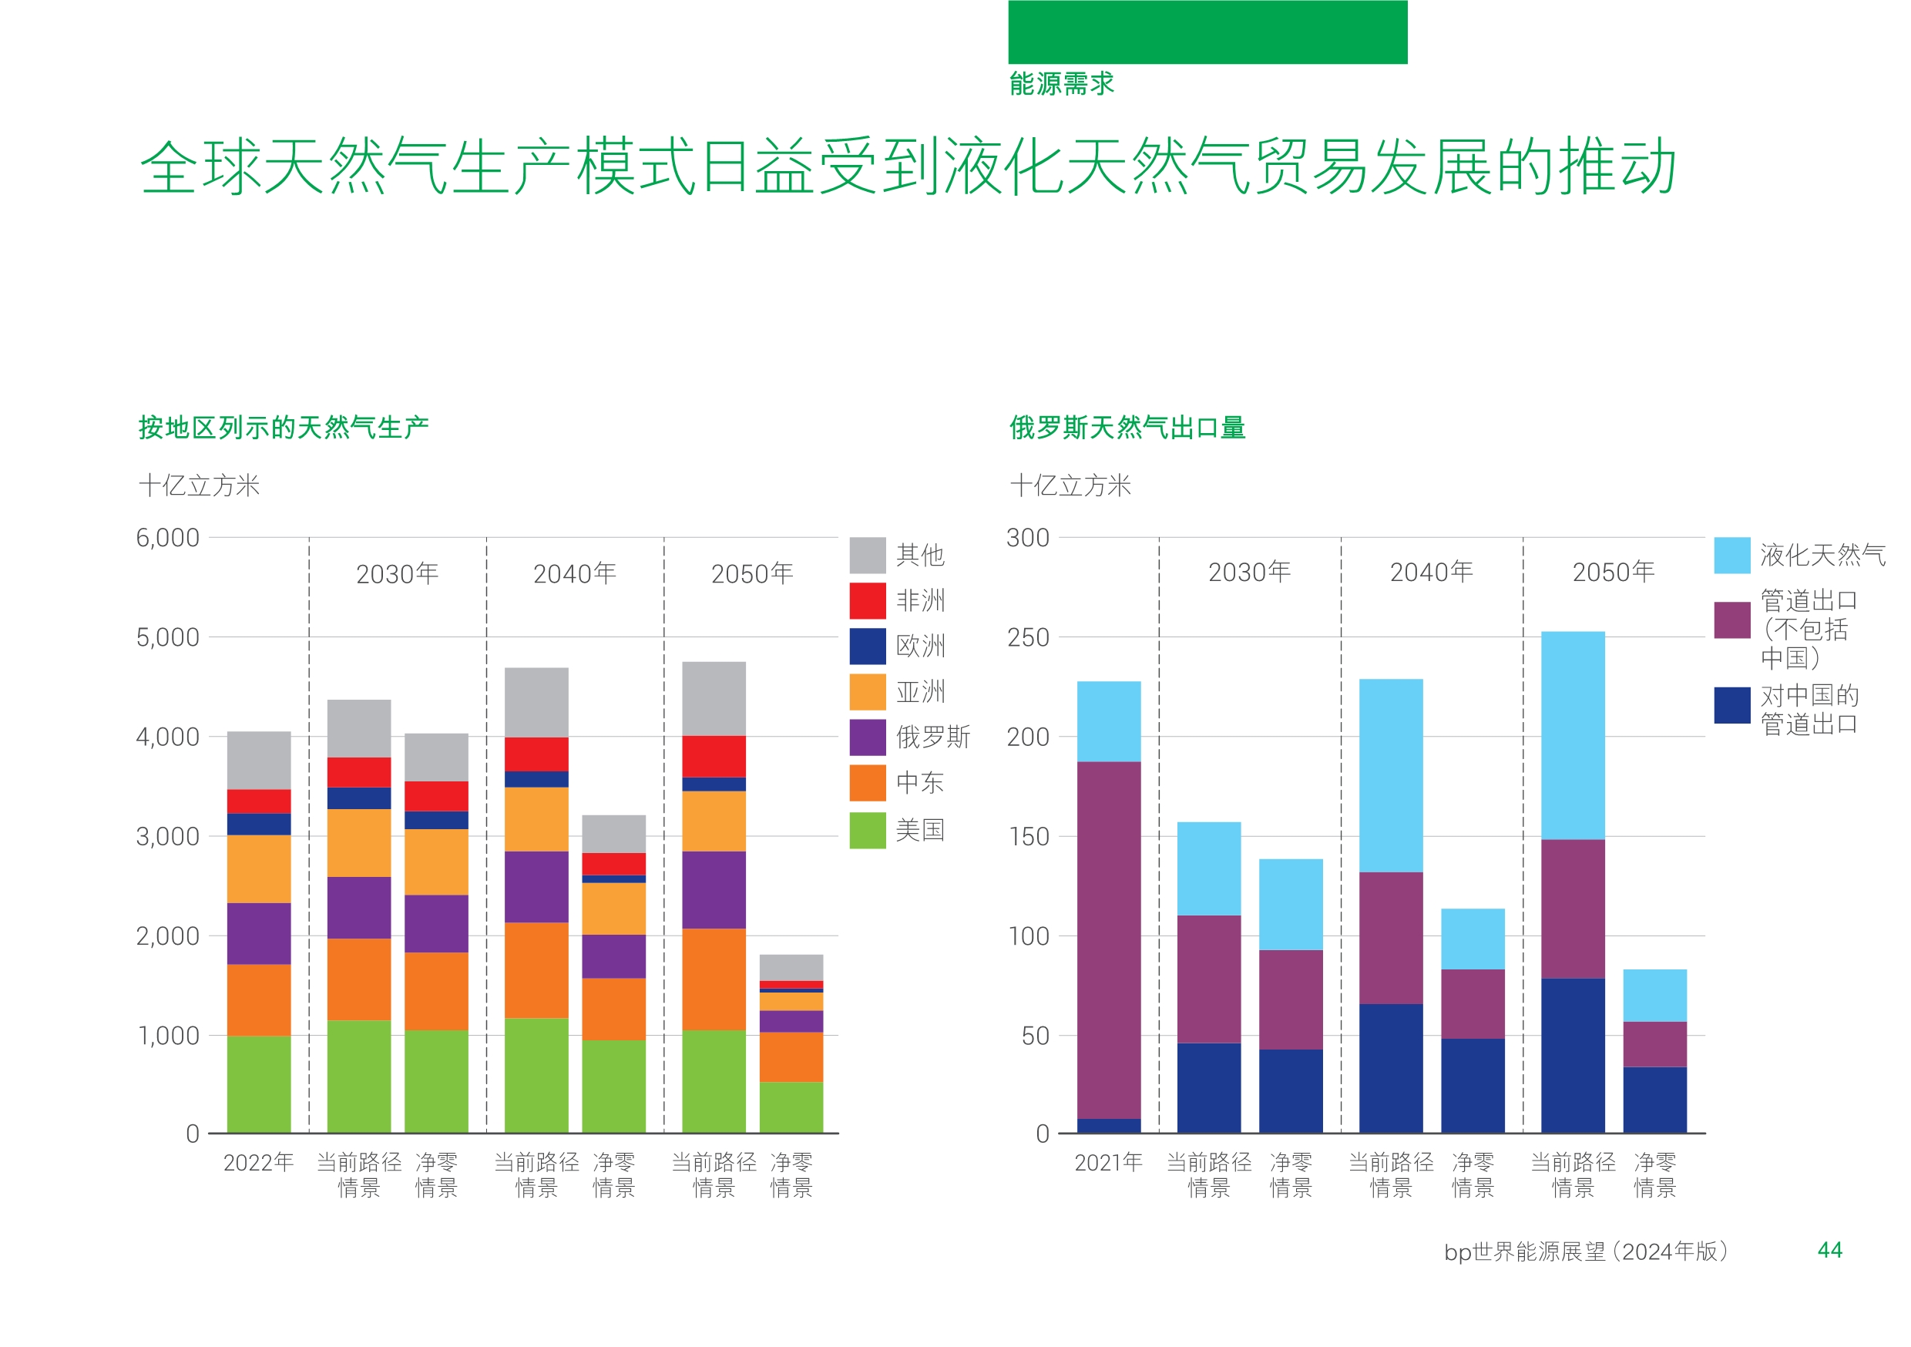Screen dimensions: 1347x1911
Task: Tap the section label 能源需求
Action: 1061,83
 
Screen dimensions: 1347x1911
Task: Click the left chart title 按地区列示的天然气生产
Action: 283,427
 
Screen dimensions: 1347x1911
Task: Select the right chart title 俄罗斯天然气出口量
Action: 1127,427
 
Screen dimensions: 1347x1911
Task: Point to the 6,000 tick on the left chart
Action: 167,538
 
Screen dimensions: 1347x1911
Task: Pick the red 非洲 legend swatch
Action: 868,600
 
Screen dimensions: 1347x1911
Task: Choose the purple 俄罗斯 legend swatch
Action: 868,737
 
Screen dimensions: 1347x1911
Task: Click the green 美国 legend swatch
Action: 868,830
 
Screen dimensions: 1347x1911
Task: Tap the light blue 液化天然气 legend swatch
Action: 1731,556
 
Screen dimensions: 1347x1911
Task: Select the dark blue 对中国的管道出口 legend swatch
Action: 1731,705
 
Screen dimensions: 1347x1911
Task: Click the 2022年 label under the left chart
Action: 258,1162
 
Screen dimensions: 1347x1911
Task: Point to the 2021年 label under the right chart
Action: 1108,1162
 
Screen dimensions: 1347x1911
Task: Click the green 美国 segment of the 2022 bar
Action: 259,1084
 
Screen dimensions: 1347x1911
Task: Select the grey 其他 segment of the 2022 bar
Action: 259,760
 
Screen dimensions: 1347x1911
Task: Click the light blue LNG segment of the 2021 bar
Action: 1108,721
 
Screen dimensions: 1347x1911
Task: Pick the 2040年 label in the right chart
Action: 1431,572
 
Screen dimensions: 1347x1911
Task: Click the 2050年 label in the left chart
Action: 751,573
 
